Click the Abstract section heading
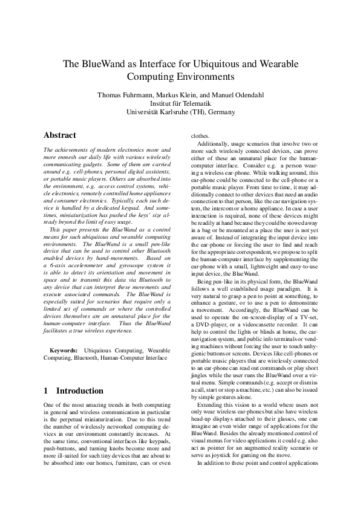click(x=61, y=135)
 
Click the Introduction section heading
click(x=71, y=391)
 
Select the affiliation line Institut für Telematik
click(x=180, y=103)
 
